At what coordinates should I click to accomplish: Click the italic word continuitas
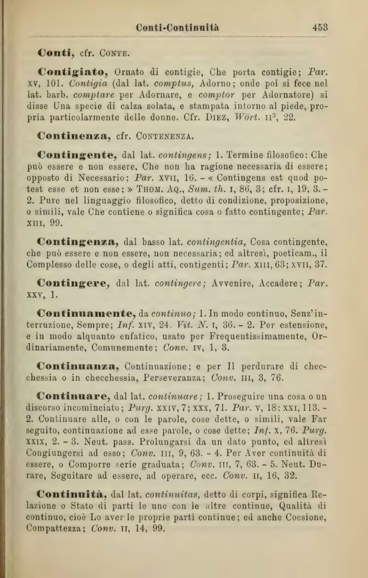click(x=178, y=495)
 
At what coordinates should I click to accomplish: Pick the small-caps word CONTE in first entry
click(x=114, y=54)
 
